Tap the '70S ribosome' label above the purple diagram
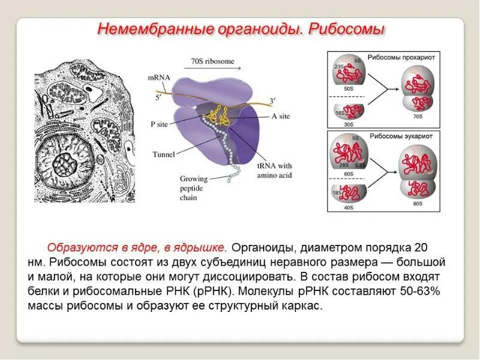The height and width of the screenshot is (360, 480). pyautogui.click(x=212, y=61)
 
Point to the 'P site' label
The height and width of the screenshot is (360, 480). pyautogui.click(x=160, y=124)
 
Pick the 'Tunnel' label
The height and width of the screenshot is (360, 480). pyautogui.click(x=163, y=154)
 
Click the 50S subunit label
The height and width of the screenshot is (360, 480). pyautogui.click(x=348, y=88)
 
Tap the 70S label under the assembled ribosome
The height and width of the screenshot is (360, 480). pyautogui.click(x=418, y=116)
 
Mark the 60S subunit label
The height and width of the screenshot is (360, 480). pyautogui.click(x=348, y=174)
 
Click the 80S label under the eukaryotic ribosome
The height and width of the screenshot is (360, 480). pyautogui.click(x=418, y=204)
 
